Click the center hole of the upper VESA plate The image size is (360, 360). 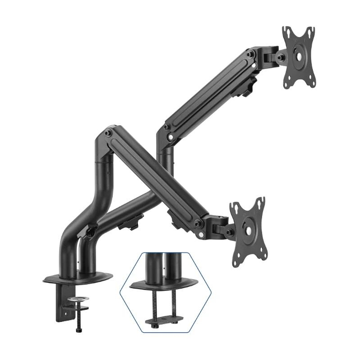pyautogui.click(x=299, y=57)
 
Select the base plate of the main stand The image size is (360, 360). pyautogui.click(x=77, y=277)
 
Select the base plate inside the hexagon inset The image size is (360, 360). pyautogui.click(x=163, y=284)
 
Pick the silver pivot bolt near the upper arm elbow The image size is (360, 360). pyautogui.click(x=170, y=137)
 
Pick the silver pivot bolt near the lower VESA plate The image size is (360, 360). pyautogui.click(x=201, y=235)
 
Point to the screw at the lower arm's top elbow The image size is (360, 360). pyautogui.click(x=107, y=132)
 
